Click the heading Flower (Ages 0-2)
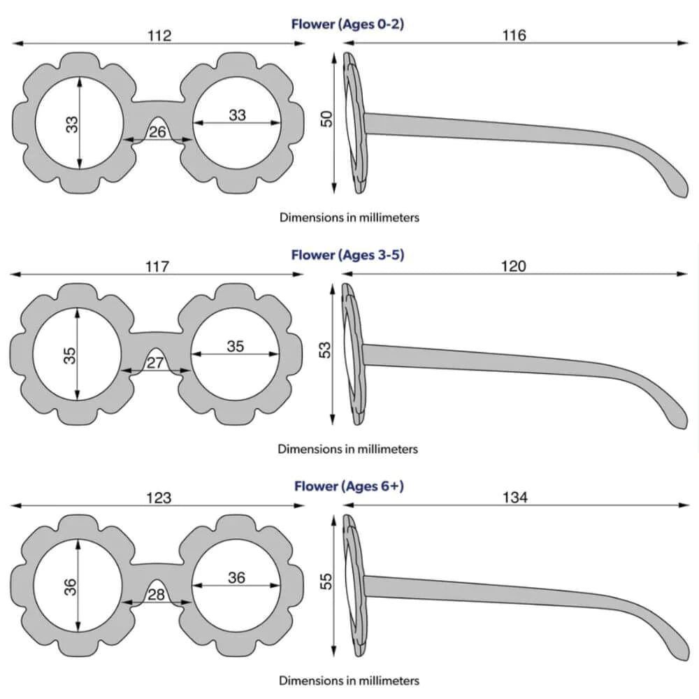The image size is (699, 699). [x=347, y=24]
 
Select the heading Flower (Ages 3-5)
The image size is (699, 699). [x=347, y=254]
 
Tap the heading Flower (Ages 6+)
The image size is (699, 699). [x=348, y=486]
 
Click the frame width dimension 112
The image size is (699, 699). [x=159, y=35]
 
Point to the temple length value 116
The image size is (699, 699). [x=514, y=35]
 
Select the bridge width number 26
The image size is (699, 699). [x=158, y=131]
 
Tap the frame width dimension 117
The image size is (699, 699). [x=157, y=266]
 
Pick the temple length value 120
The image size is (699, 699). [x=514, y=266]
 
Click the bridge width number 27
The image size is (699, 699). [x=155, y=363]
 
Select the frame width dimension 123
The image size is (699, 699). [x=159, y=498]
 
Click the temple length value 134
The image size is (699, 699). [x=514, y=498]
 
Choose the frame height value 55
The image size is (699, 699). [x=326, y=582]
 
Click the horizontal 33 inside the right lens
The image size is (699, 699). [x=238, y=115]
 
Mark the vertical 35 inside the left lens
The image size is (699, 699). [x=69, y=355]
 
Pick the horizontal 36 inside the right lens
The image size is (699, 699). [x=236, y=577]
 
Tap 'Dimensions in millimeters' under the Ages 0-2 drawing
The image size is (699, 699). [x=349, y=217]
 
